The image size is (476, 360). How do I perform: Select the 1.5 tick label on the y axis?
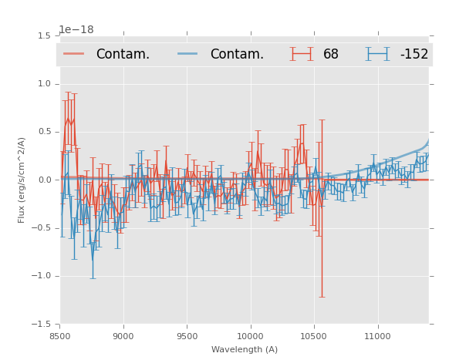[x=44, y=36]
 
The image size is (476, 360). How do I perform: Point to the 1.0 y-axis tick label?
[x=44, y=84]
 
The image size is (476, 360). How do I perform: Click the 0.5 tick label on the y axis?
[x=44, y=132]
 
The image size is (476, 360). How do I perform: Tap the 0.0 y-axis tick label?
[x=44, y=180]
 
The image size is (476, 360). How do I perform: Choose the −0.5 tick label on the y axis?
[x=42, y=228]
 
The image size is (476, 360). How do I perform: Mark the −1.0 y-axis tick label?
[x=42, y=276]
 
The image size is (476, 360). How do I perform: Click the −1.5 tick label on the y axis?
[x=42, y=325]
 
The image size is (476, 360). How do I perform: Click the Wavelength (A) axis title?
[x=245, y=349]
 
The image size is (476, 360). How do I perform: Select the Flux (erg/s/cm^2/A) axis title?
[x=22, y=180]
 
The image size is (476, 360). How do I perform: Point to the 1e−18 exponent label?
[x=76, y=29]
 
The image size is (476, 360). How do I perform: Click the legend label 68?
[x=331, y=54]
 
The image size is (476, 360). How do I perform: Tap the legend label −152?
[x=414, y=54]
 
